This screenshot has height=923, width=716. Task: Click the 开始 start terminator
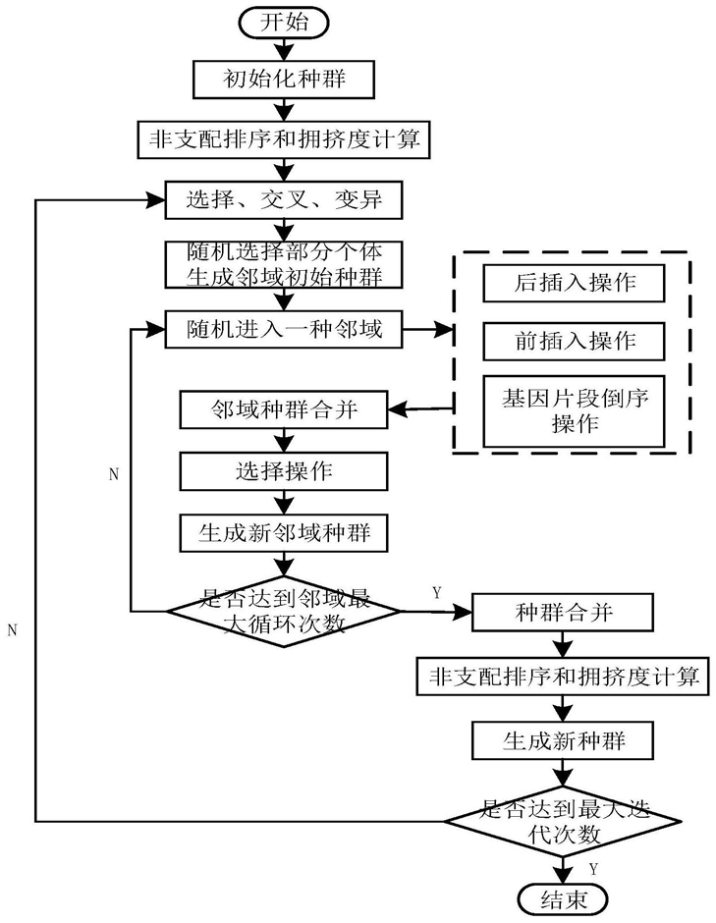(283, 23)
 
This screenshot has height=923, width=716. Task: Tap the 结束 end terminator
(563, 899)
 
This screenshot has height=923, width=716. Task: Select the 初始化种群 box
(284, 79)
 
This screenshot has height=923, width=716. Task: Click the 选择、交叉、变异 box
(284, 200)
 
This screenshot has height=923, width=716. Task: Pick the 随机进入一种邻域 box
(284, 329)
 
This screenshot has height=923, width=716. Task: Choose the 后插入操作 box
(575, 283)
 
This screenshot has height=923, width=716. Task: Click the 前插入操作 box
(575, 341)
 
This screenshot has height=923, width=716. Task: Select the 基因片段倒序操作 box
(575, 411)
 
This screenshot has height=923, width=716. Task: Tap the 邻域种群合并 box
(284, 409)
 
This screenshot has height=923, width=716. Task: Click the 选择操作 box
(284, 471)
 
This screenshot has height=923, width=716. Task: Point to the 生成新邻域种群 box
(284, 533)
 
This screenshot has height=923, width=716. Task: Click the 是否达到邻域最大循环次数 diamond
(284, 611)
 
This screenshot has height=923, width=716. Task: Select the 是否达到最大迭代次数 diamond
(563, 821)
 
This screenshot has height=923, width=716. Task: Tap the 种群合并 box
(563, 612)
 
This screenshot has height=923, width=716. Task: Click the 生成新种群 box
(563, 740)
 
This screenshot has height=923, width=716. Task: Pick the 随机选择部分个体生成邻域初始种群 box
(284, 264)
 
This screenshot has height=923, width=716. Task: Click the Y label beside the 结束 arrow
(593, 869)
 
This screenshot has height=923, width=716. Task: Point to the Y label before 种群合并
(436, 593)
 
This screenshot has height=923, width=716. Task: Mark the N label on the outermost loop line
(13, 629)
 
